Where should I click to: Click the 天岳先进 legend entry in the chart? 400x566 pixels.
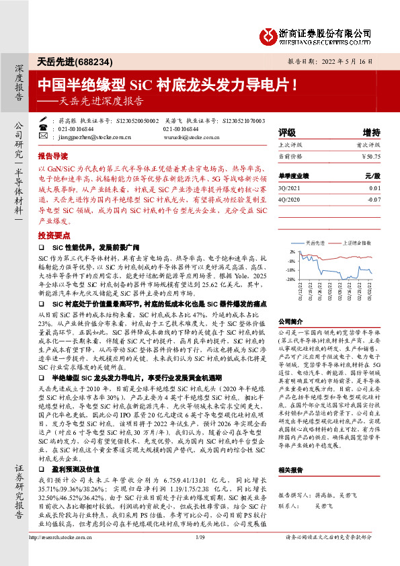315,242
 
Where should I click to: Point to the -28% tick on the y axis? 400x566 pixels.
292,278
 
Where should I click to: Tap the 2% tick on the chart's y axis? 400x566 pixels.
293,251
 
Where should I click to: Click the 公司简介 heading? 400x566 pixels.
291,321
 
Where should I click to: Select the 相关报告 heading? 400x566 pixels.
291,470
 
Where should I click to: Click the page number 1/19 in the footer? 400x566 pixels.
200,556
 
